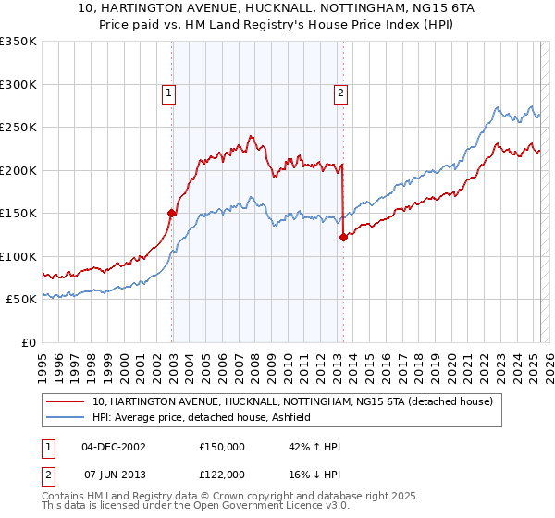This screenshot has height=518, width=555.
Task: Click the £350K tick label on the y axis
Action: [18, 42]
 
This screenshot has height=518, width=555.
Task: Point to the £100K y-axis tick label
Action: [18, 256]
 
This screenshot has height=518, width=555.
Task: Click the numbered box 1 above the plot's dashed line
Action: [171, 92]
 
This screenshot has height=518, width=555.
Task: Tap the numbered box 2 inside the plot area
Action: [341, 92]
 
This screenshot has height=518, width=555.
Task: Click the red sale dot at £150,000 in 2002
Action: [172, 213]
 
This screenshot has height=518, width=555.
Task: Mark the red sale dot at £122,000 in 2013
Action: [343, 237]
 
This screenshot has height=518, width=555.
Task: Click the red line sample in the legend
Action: [66, 401]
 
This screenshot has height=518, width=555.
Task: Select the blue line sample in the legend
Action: [66, 417]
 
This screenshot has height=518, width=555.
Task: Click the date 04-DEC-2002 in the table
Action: [113, 447]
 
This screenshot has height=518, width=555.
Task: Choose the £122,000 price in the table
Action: [222, 474]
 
